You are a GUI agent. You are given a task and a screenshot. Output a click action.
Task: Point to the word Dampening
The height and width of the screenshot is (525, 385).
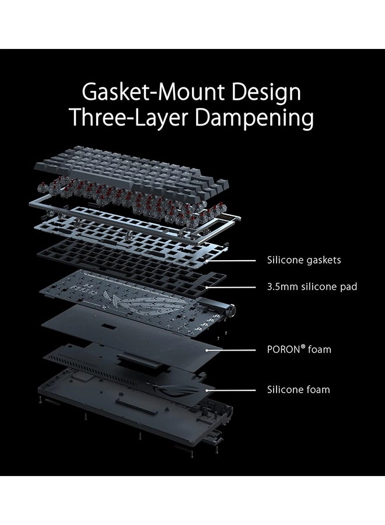(x=254, y=118)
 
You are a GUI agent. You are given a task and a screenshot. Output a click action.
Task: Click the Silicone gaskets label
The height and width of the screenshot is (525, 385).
(x=303, y=260)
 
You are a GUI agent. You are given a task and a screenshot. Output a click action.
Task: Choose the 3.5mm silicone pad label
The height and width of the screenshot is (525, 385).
(x=312, y=286)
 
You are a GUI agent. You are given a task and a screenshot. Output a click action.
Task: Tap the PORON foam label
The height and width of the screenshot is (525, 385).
(x=299, y=350)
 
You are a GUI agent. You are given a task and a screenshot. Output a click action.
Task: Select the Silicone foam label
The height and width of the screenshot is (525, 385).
(x=298, y=389)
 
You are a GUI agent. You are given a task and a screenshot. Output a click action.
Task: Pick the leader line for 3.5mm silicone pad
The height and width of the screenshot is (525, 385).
(x=233, y=286)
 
